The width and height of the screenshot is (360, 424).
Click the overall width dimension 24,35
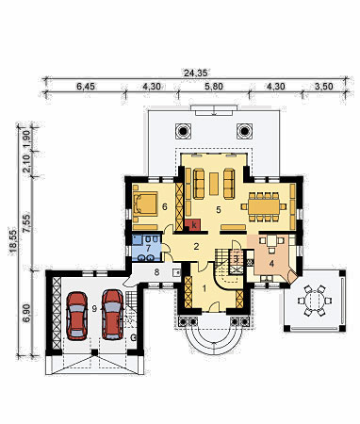195,73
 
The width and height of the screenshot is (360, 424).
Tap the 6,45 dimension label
86,86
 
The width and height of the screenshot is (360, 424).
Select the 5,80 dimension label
214,86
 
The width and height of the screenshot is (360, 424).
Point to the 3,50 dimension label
323,86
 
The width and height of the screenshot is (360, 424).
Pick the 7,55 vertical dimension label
27,223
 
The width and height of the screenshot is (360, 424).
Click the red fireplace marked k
192,225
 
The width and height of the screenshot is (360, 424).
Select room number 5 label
219,210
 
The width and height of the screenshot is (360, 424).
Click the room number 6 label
164,206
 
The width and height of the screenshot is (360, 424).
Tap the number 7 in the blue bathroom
148,247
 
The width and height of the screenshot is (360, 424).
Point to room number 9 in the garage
94,308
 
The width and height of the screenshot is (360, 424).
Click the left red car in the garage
76,316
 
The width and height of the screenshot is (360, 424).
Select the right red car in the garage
113,315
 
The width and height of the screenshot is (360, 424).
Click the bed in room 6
146,204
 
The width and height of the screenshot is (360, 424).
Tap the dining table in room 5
264,206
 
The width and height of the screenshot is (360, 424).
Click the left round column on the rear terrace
183,131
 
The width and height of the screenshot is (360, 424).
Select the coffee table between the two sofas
214,184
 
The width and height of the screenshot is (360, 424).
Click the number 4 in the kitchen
271,264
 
